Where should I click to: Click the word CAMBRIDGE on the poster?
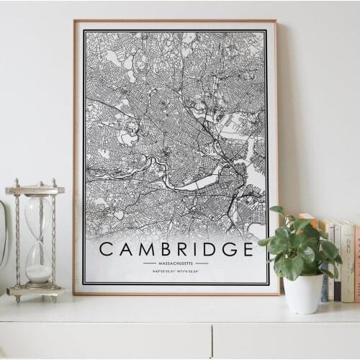(x=176, y=249)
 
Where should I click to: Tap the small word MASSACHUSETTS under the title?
(x=176, y=264)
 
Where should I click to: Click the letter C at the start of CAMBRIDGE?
(x=106, y=249)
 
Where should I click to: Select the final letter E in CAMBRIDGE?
(x=247, y=249)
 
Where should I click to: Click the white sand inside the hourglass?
(x=39, y=273)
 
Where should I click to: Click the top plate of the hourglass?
(x=35, y=190)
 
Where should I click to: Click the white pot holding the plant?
(x=303, y=292)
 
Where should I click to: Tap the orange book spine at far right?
(x=356, y=263)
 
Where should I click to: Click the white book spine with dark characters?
(x=346, y=263)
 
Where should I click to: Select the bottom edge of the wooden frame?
(x=176, y=292)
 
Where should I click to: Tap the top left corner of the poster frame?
(x=75, y=22)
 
